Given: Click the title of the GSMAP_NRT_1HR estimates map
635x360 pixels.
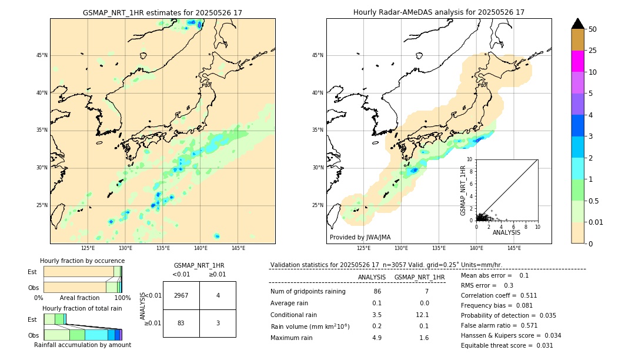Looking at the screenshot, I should (162, 12).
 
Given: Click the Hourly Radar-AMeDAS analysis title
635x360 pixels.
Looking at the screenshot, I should (439, 12).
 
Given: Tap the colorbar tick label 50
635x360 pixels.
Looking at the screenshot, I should (593, 29).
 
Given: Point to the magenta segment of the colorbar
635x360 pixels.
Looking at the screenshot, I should (577, 61).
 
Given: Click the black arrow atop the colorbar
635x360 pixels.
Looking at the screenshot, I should (577, 24).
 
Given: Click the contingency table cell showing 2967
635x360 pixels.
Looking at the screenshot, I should (181, 295).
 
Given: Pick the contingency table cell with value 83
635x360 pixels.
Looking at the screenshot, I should (181, 323).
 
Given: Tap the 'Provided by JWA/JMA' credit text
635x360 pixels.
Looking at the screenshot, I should (360, 238).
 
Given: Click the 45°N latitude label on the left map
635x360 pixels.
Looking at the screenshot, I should (42, 55).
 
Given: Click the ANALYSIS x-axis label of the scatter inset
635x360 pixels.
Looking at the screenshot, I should (506, 232).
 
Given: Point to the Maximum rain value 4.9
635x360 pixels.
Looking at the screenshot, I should (377, 338).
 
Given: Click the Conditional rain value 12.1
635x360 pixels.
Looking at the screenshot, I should (423, 315).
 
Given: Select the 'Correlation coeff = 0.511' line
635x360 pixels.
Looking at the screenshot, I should (499, 295).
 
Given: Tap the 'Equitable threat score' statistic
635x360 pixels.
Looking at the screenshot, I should (507, 345).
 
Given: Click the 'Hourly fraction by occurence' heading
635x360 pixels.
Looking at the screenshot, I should (82, 261).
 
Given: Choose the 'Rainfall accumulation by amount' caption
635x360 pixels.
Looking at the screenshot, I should (82, 345).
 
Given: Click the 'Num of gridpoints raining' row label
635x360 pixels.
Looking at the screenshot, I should (308, 292).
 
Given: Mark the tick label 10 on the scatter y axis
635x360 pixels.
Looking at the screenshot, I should (469, 159).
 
